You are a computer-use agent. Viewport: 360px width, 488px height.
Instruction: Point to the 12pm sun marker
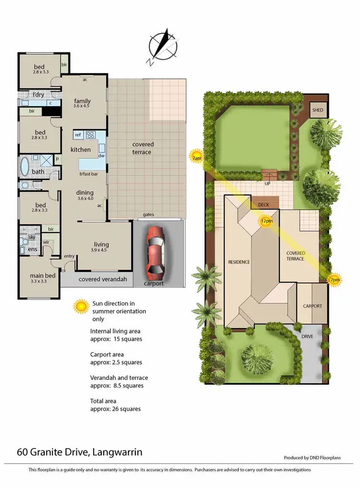point(265,221)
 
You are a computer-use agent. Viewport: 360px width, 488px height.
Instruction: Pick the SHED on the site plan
point(318,110)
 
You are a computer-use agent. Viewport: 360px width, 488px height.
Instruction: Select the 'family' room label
point(82,101)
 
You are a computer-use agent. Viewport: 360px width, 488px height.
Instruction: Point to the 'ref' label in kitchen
point(78,134)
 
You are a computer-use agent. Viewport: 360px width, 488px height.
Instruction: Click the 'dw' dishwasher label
point(101,156)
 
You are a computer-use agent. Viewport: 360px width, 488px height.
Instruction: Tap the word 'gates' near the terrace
point(148,215)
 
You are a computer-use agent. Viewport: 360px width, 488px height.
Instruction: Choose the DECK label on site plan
point(264,205)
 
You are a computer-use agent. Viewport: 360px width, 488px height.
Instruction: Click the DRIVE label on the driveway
point(307,336)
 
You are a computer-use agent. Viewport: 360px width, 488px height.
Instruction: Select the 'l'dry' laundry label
point(39,94)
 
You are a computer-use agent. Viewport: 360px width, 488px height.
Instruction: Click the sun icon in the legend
point(81,305)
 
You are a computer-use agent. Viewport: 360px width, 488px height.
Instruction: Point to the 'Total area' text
point(103,401)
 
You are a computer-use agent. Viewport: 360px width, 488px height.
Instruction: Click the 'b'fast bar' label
point(89,174)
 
